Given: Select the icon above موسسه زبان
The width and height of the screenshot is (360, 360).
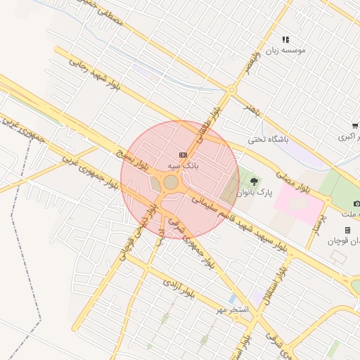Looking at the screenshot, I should pyautogui.click(x=285, y=40).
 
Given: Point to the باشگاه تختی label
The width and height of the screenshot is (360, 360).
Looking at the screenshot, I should pyautogui.click(x=268, y=139).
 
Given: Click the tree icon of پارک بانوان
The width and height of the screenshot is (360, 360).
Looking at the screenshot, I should pyautogui.click(x=254, y=181).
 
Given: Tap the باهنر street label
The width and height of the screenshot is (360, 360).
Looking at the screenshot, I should pyautogui.click(x=252, y=110).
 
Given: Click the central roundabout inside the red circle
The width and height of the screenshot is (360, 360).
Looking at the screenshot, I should pyautogui.click(x=171, y=182).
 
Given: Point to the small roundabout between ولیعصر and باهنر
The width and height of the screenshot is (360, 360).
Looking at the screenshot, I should pyautogui.click(x=231, y=89).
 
